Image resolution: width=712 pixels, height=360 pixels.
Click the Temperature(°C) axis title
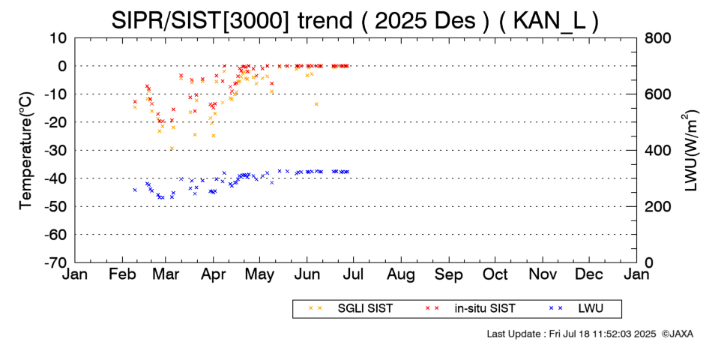point(25,150)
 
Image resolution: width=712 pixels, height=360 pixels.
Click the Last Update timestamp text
point(571,333)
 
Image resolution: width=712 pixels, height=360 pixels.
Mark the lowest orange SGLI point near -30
point(172,148)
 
